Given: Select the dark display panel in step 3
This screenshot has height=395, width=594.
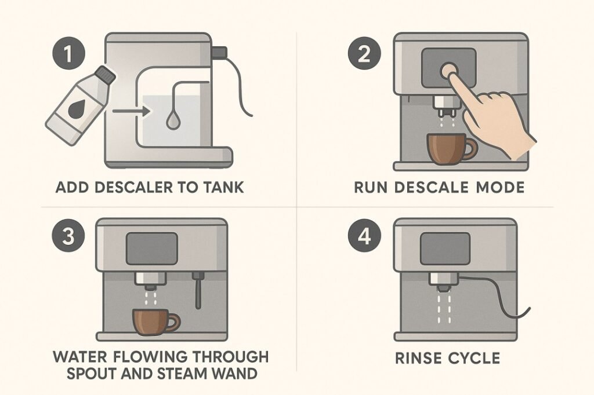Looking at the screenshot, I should pos(152,248).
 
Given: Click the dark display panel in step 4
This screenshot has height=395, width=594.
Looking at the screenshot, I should pos(445,248).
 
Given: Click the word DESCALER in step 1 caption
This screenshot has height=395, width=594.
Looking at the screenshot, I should pos(124,188).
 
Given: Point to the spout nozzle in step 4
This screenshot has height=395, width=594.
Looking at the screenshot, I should pos(442,281).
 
